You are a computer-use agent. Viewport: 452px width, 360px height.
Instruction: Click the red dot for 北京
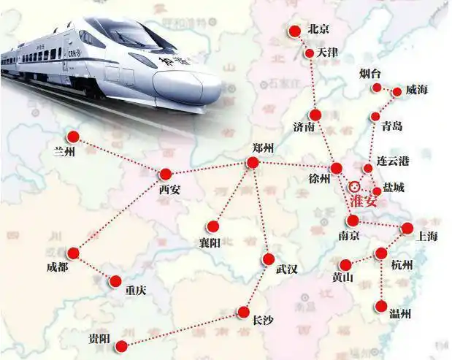pos(294,31)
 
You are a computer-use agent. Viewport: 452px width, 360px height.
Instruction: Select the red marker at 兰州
pos(73,137)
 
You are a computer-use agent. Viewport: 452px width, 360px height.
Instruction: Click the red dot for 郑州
pos(253,162)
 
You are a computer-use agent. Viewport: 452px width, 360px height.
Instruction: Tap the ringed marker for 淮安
pos(355,186)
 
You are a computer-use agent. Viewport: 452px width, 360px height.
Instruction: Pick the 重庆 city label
pos(135,290)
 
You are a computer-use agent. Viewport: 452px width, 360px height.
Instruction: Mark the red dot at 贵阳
pos(121,345)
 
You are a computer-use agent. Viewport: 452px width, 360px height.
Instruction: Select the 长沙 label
pos(264,319)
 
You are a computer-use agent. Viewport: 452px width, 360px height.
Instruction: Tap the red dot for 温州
pos(382,306)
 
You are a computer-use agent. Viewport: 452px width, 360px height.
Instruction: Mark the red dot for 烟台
pos(377,88)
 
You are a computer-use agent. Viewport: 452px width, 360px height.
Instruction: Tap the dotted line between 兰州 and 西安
pos(119,156)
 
